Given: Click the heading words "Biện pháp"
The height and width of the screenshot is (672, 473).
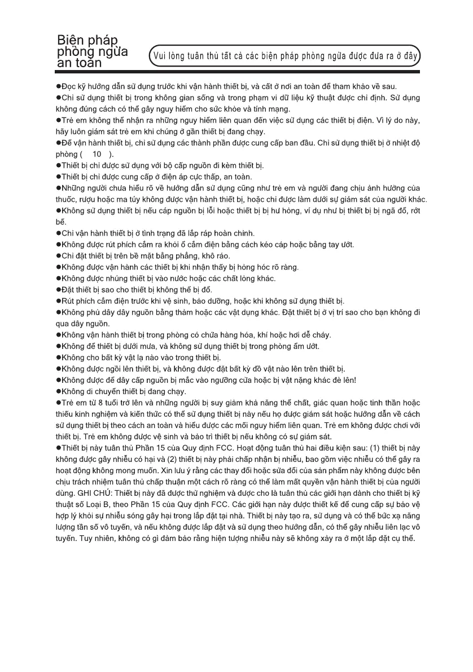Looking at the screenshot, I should point(87,41).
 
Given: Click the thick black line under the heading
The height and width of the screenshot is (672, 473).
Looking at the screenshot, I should point(238,72).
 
